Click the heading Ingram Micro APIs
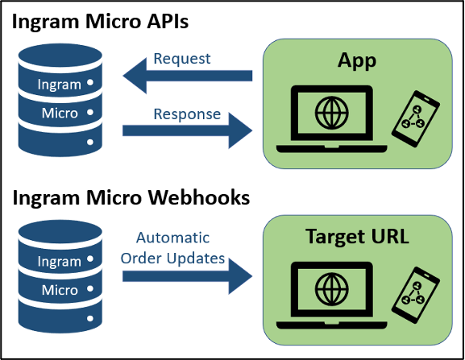tap(101, 21)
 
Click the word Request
tap(181, 58)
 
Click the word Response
tap(186, 114)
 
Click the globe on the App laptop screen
tap(331, 110)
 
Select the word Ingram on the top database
tap(60, 84)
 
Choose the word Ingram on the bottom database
tap(60, 262)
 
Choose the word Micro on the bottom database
tap(60, 290)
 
